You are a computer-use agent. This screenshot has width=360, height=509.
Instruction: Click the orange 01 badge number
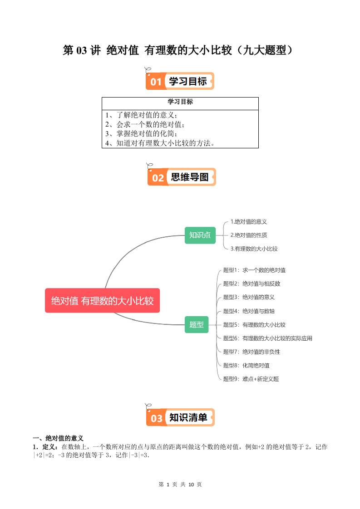[x=156, y=82]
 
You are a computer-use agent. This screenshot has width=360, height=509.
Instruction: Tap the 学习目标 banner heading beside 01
[x=187, y=82]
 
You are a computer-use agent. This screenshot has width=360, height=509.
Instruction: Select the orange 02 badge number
[x=158, y=178]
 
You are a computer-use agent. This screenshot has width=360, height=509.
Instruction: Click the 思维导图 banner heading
[x=190, y=177]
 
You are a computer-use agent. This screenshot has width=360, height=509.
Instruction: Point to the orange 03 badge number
[x=156, y=418]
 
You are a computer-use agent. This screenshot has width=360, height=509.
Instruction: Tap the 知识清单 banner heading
[x=188, y=418]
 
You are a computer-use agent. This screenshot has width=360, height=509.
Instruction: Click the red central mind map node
[x=102, y=300]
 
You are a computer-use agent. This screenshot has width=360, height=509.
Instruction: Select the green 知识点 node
[x=200, y=235]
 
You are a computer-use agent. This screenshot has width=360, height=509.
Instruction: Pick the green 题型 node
[x=197, y=324]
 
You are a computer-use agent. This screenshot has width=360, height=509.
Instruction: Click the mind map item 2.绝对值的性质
[x=248, y=235]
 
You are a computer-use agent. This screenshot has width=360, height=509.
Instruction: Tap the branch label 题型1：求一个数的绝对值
[x=254, y=270]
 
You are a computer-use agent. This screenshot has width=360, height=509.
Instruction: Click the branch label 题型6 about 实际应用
[x=267, y=338]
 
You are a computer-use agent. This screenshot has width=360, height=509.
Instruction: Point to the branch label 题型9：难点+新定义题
[x=251, y=379]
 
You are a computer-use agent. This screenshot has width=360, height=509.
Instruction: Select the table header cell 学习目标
[x=180, y=102]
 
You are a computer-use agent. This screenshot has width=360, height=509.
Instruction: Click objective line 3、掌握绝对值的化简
[x=141, y=134]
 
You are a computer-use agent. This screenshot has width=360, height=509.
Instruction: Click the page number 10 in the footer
[x=191, y=485]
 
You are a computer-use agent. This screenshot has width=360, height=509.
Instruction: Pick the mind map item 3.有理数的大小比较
[x=254, y=249]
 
